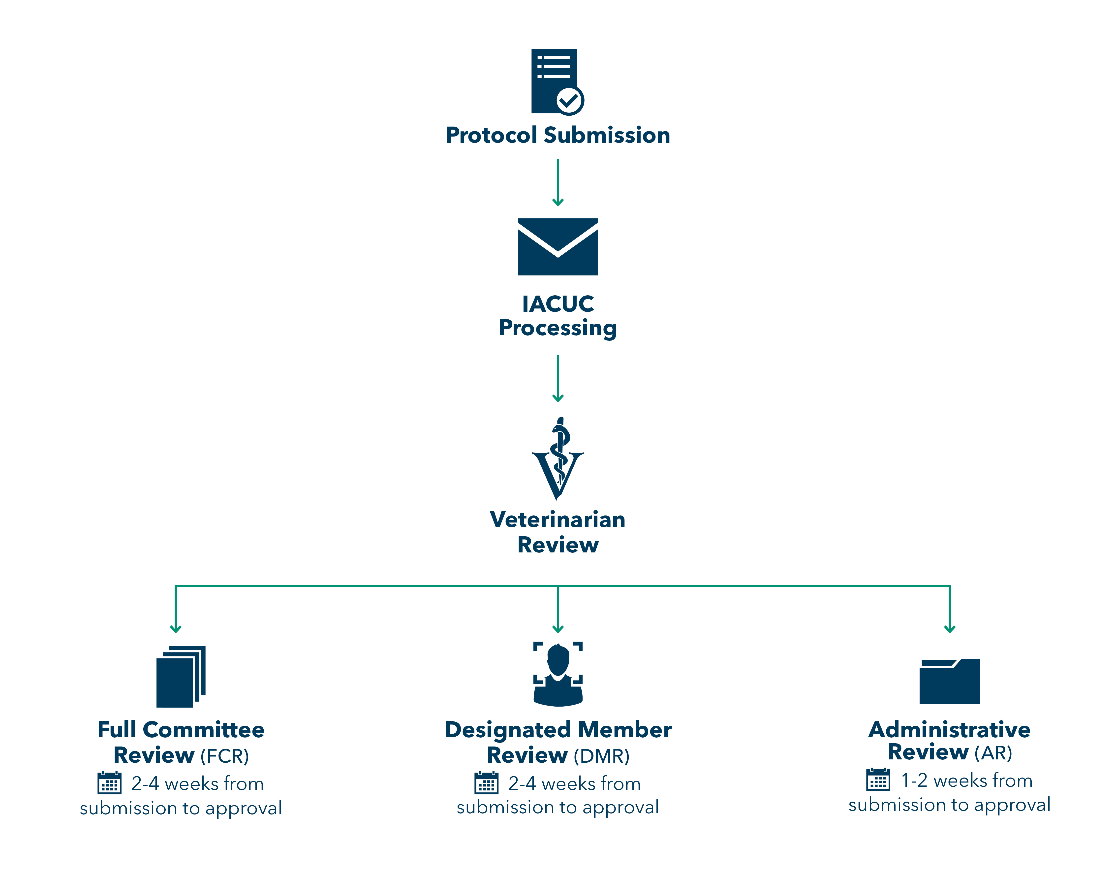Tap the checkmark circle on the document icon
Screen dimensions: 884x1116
point(569,100)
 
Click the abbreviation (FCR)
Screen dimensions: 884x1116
point(224,756)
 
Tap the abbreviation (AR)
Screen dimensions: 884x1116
point(993,752)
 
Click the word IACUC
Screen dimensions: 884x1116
point(558,304)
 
